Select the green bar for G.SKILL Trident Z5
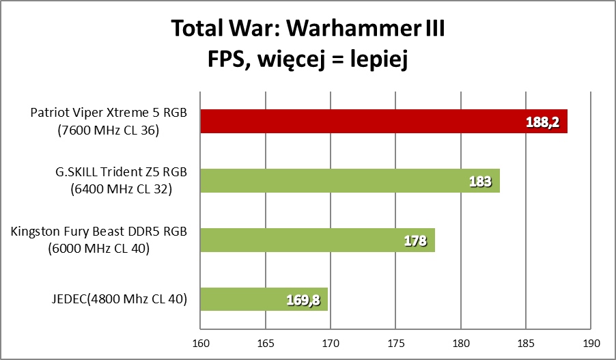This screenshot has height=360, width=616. (x=350, y=181)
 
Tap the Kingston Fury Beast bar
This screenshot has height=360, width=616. (x=318, y=240)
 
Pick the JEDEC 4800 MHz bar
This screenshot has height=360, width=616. (x=264, y=299)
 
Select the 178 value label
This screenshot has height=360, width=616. (x=415, y=241)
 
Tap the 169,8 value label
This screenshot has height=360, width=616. (x=303, y=300)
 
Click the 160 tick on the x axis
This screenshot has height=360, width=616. (x=201, y=342)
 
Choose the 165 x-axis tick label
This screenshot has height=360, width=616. (x=266, y=342)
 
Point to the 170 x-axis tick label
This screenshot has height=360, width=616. (x=331, y=342)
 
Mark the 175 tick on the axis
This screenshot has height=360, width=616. (x=396, y=342)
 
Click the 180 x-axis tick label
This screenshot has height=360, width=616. (x=461, y=342)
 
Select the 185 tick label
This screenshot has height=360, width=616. (x=526, y=342)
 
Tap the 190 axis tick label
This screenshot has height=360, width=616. (x=591, y=342)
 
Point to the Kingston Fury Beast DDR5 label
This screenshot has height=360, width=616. (x=99, y=240)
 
